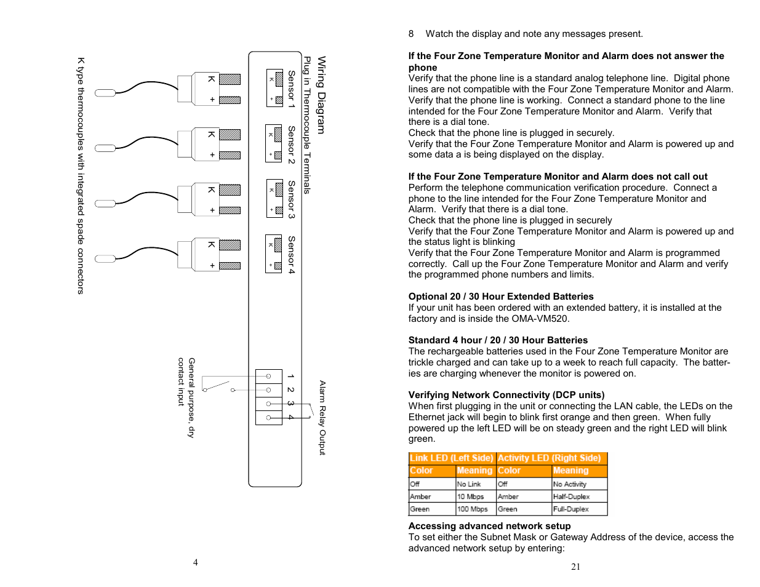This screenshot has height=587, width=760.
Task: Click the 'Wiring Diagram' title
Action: pyautogui.click(x=321, y=95)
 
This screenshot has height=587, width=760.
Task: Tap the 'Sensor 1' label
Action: pyautogui.click(x=291, y=89)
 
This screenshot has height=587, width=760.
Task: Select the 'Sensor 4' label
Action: pyautogui.click(x=291, y=255)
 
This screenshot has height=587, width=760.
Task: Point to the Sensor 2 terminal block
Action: pyautogui.click(x=274, y=143)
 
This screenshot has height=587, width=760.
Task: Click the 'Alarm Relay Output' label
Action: pyautogui.click(x=322, y=418)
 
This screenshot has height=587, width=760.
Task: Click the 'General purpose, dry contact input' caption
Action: pyautogui.click(x=186, y=397)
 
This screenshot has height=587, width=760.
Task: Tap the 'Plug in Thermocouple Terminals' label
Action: pyautogui.click(x=306, y=125)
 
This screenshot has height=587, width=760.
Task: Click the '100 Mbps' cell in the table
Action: pyautogui.click(x=472, y=509)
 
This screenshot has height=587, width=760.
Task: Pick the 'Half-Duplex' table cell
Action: pyautogui.click(x=571, y=497)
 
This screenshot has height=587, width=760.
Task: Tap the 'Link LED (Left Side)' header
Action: pyautogui.click(x=452, y=458)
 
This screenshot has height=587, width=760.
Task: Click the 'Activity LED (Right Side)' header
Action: pyautogui.click(x=549, y=458)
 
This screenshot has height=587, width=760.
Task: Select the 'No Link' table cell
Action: pyautogui.click(x=469, y=484)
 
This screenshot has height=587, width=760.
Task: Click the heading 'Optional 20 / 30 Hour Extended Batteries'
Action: pyautogui.click(x=501, y=297)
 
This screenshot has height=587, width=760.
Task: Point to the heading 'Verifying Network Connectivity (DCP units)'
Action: pyautogui.click(x=506, y=395)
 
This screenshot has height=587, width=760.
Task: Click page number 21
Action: pyautogui.click(x=575, y=567)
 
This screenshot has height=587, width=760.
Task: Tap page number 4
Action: pyautogui.click(x=196, y=562)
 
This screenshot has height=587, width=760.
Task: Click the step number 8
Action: pyautogui.click(x=411, y=34)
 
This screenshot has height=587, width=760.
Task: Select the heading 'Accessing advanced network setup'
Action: pyautogui.click(x=489, y=526)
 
